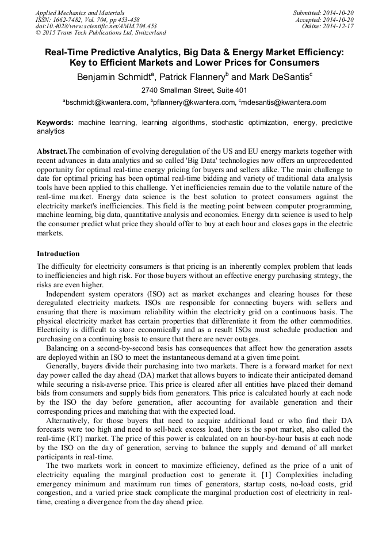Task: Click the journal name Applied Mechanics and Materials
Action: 79,13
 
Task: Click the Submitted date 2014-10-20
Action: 323,13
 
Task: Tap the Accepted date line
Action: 324,20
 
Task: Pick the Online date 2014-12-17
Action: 328,26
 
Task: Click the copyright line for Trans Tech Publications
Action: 101,33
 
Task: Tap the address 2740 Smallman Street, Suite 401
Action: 194,90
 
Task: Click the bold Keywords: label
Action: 55,123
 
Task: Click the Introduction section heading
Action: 58,254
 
